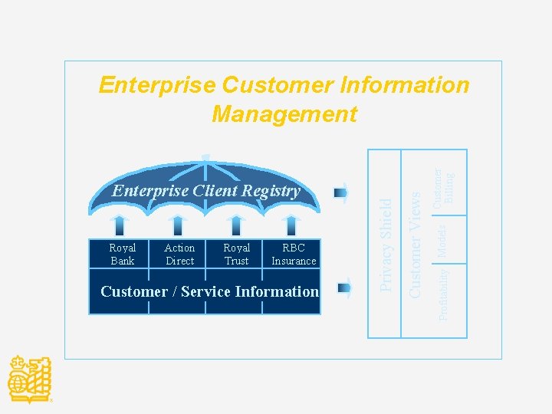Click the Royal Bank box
tap(122, 255)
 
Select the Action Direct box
tap(179, 255)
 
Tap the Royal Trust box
tap(236, 255)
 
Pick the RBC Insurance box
tap(294, 255)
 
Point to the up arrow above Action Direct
tap(178, 225)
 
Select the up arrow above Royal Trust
tap(236, 225)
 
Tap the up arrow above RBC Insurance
tap(291, 225)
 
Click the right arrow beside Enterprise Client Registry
tap(342, 192)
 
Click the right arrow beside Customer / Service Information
tap(344, 289)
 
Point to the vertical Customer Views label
tap(415, 244)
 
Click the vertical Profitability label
tap(444, 292)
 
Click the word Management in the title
tap(284, 114)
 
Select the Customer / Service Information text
tap(209, 291)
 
